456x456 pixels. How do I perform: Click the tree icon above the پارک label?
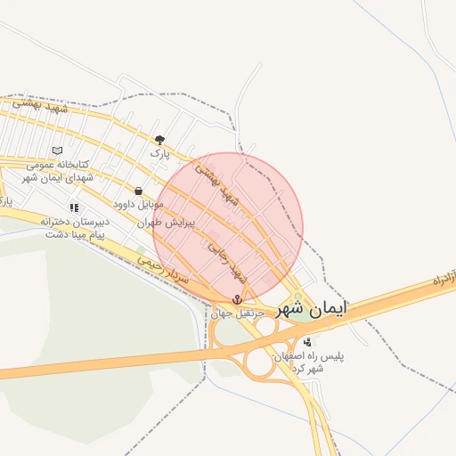(160, 140)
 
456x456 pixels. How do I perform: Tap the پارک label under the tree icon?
(159, 154)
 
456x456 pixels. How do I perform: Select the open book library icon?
(58, 151)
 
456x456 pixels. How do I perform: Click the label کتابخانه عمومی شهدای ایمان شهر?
(56, 170)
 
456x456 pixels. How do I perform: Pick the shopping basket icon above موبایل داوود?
(138, 191)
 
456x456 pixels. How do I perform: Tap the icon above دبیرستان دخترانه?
(74, 208)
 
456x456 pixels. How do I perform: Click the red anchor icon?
(238, 299)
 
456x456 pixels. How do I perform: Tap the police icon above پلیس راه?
(308, 342)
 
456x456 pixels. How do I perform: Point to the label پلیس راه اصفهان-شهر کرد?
(308, 362)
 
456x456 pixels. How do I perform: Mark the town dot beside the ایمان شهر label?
(298, 298)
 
